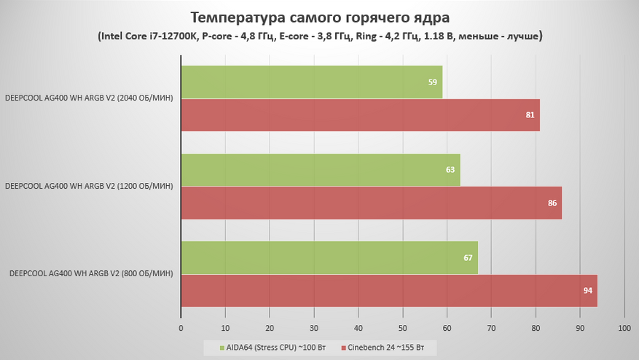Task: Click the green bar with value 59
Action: click(312, 82)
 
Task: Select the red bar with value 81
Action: click(361, 115)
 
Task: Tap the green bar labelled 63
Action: click(321, 170)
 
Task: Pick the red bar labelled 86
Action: click(372, 203)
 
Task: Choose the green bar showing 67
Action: click(329, 257)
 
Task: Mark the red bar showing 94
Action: click(389, 290)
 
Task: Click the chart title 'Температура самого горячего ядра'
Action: click(319, 17)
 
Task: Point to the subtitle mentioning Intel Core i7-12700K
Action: click(319, 35)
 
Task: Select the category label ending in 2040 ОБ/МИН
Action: click(88, 99)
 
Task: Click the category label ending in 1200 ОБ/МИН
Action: click(88, 187)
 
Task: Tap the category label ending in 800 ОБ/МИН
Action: click(91, 274)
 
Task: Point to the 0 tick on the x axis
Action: click(181, 329)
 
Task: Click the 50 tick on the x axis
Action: click(402, 329)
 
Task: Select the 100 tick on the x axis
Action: click(624, 329)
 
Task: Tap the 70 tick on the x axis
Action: click(491, 329)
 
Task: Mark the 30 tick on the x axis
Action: click(314, 329)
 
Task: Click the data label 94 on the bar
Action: click(588, 291)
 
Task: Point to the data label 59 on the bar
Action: click(433, 83)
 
